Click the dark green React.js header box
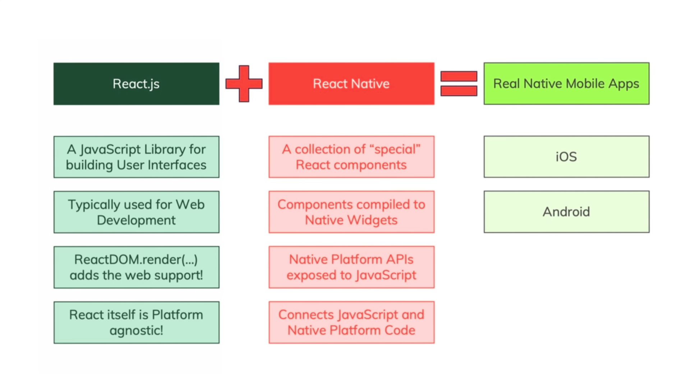(136, 84)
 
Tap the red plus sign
(244, 84)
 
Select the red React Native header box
(351, 84)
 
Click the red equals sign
(459, 84)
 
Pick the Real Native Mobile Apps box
(566, 84)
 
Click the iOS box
(566, 157)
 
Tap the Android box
(566, 212)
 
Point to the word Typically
(94, 205)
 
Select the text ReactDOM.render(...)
(136, 259)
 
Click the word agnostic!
(136, 331)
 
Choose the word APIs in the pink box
(400, 259)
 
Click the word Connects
(306, 315)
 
